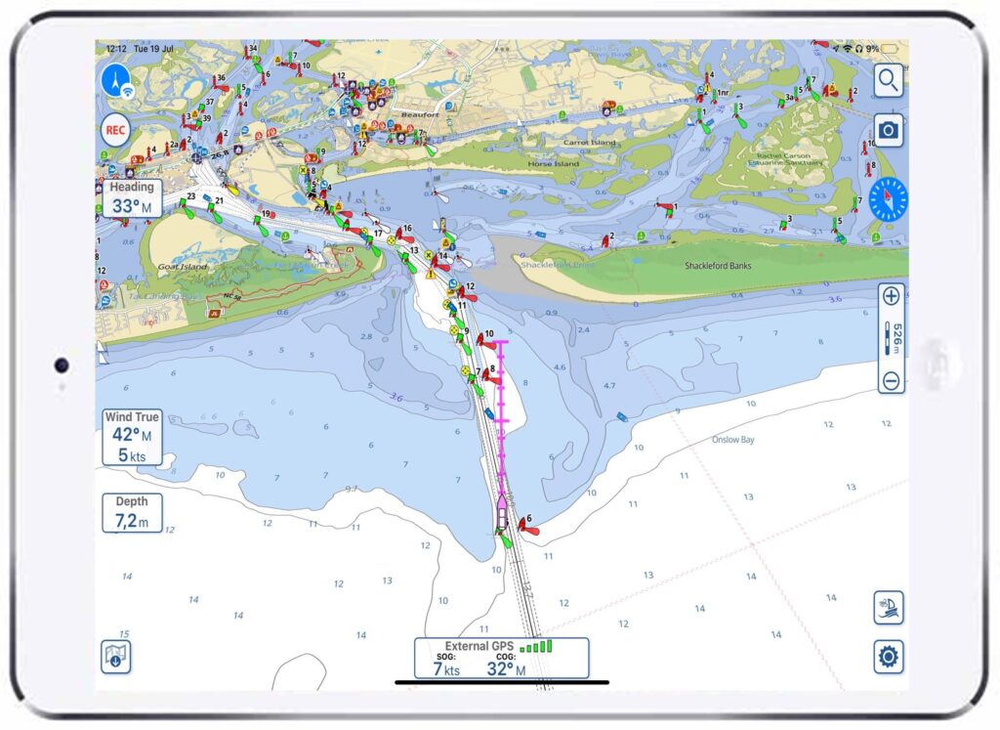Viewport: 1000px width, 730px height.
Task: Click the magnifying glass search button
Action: pyautogui.click(x=888, y=80)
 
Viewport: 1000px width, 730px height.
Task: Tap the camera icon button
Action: pyautogui.click(x=888, y=129)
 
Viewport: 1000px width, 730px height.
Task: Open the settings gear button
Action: pyautogui.click(x=888, y=657)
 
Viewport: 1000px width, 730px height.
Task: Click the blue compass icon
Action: pyautogui.click(x=888, y=199)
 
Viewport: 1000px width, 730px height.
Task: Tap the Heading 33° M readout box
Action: pyautogui.click(x=132, y=198)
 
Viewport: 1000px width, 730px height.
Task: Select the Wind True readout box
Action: pyautogui.click(x=132, y=437)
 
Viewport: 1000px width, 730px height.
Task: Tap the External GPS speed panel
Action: pyautogui.click(x=501, y=659)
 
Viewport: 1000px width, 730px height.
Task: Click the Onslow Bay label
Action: pyautogui.click(x=733, y=440)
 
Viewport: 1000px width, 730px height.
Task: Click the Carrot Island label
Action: pyautogui.click(x=590, y=143)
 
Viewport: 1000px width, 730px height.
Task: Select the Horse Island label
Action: pyautogui.click(x=552, y=164)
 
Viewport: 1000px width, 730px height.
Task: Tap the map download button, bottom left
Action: pyautogui.click(x=116, y=657)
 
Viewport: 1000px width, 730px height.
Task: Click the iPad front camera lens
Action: pyautogui.click(x=62, y=365)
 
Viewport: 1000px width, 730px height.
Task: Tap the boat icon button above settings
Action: pyautogui.click(x=888, y=608)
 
